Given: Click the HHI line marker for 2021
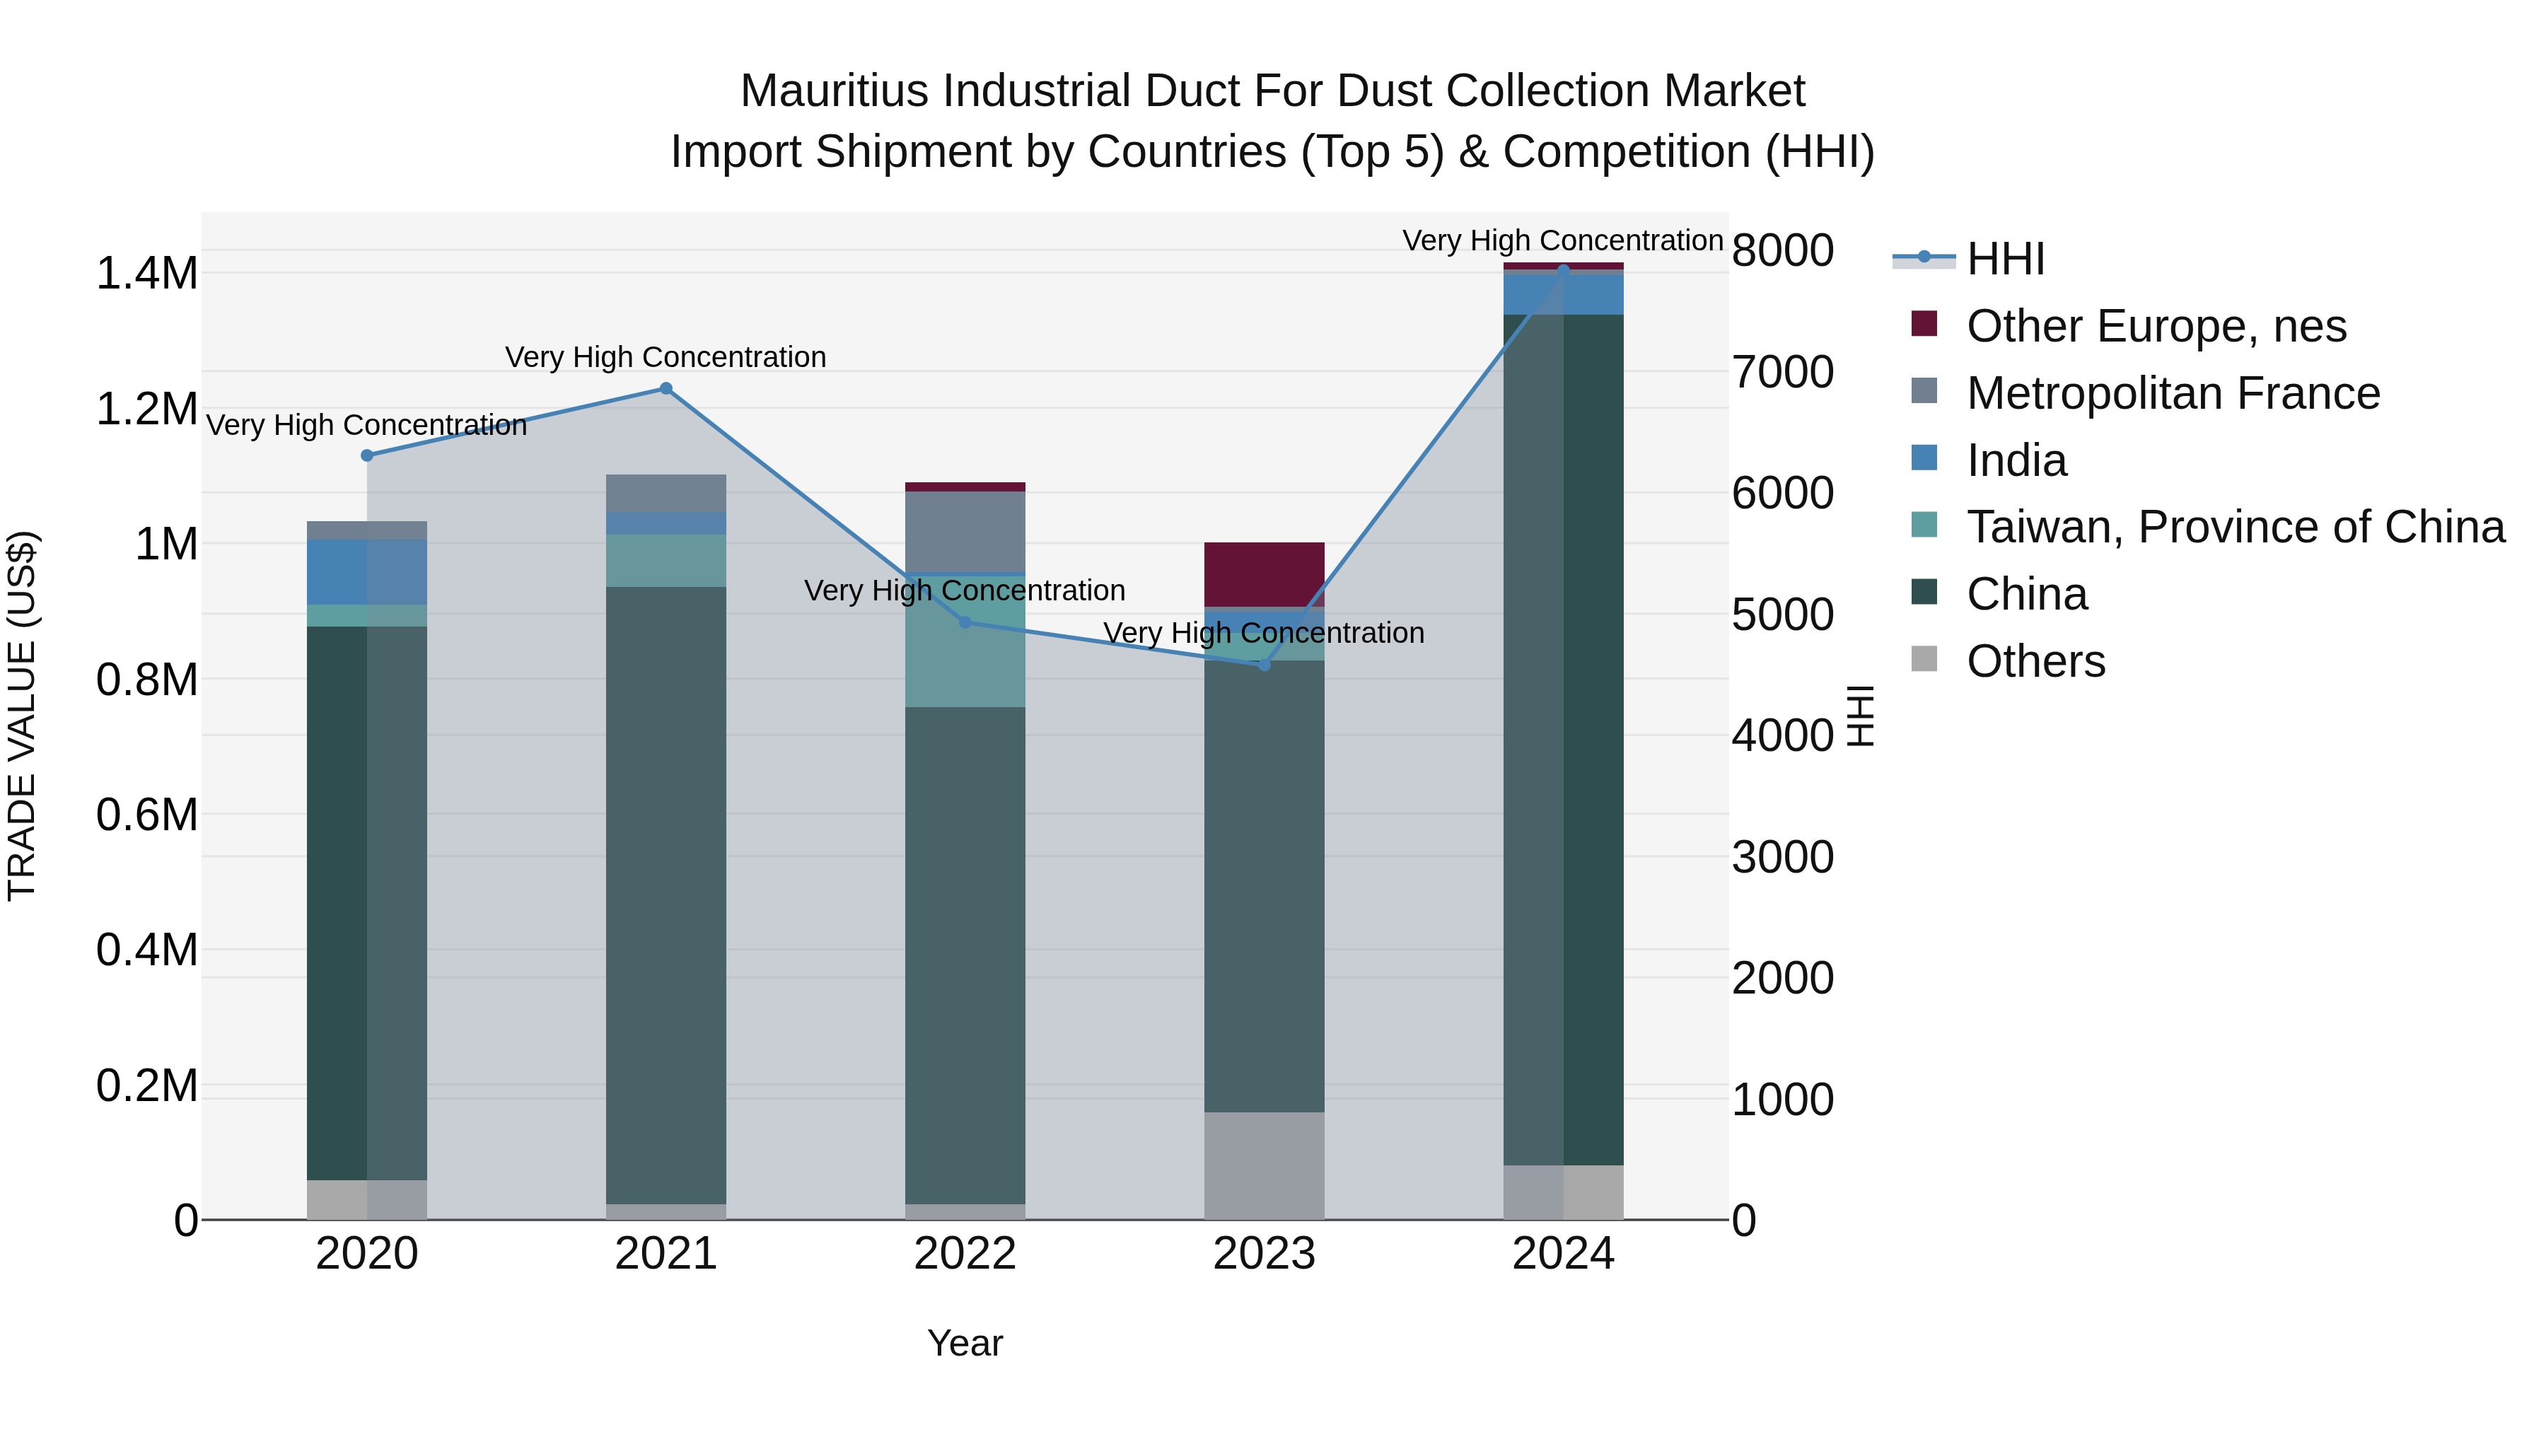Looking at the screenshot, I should point(666,388).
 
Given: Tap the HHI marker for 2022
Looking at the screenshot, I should point(965,622).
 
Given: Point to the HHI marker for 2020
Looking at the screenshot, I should point(366,455).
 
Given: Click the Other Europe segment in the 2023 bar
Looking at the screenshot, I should point(1264,574).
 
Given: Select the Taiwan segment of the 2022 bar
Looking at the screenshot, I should point(965,652).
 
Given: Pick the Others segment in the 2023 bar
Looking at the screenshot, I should point(1264,1166).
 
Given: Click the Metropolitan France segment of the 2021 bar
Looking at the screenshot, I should point(666,492).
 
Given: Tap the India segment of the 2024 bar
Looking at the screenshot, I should point(1564,294).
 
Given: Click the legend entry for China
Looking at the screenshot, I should point(2026,594).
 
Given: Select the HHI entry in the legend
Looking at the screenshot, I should point(2004,259).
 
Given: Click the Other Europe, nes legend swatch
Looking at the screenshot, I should point(1924,324).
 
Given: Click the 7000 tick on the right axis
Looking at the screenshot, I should point(1783,373).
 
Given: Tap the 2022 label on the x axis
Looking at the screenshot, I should point(965,1254).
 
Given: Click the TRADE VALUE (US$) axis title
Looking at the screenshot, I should point(23,716).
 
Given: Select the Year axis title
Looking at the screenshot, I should point(965,1343).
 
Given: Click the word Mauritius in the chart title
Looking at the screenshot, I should point(835,91).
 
